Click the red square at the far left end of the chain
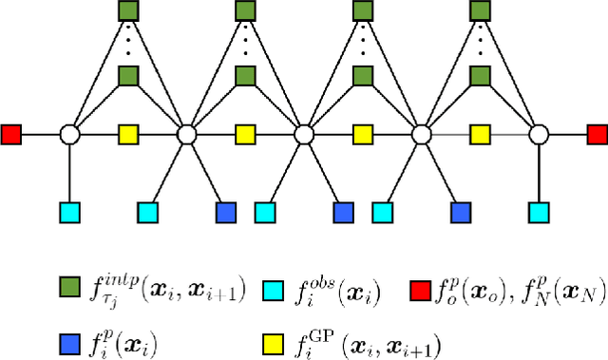click(11, 135)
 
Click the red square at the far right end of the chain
click(596, 135)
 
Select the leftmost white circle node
click(69, 135)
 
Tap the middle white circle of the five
click(304, 135)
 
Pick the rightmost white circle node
click(538, 135)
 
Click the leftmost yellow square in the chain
click(128, 135)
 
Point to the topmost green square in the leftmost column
click(128, 11)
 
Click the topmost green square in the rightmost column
click(480, 11)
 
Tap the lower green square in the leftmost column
click(128, 76)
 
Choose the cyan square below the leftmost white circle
click(69, 211)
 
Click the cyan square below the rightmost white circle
click(538, 211)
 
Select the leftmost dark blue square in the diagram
click(226, 211)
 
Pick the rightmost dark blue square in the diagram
click(460, 211)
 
